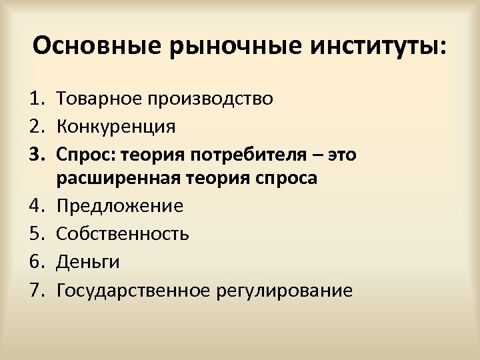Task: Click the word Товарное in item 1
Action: point(99,99)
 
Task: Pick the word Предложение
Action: point(120,205)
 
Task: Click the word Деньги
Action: point(88,261)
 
